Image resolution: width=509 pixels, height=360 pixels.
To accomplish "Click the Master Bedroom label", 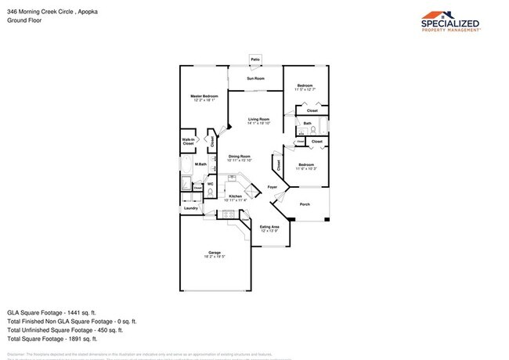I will (x=204, y=96).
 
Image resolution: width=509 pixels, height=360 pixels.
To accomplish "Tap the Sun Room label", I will (x=255, y=78).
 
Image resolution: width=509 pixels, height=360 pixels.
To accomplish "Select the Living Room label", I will (x=258, y=119).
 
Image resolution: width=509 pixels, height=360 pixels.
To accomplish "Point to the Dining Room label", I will (x=239, y=156).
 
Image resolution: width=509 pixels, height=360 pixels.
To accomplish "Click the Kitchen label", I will (x=235, y=196).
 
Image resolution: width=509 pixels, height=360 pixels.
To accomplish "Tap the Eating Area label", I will (x=269, y=227).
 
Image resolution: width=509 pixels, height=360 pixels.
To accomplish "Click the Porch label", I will (x=305, y=204).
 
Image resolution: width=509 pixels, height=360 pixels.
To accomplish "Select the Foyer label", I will (x=273, y=187).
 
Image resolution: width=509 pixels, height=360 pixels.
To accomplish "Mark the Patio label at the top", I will (x=255, y=59).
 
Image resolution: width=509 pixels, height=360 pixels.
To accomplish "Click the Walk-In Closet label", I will (x=188, y=142).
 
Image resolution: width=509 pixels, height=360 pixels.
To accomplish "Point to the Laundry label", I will (x=190, y=208).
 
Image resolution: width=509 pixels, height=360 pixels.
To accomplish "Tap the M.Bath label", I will (x=201, y=164).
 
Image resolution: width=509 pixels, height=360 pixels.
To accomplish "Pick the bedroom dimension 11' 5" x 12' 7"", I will (x=305, y=89).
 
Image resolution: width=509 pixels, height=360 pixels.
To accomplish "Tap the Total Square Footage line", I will (x=52, y=339).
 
